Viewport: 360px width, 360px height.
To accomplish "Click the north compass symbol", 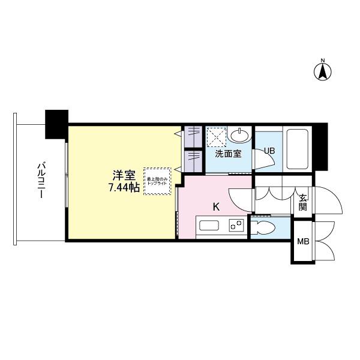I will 323,71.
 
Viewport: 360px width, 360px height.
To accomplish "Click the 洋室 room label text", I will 124,175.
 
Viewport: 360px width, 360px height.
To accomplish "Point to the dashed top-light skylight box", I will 157,180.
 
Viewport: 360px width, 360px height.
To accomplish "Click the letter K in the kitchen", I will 216,207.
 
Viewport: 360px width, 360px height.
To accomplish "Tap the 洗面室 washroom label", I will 228,154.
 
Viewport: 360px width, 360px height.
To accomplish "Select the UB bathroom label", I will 269,151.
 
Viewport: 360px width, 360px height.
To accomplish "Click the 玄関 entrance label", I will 302,202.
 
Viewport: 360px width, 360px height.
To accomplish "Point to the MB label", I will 303,242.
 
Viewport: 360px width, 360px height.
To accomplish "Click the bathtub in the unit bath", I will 297,149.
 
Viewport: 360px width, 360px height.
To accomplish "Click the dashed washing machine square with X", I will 215,137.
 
